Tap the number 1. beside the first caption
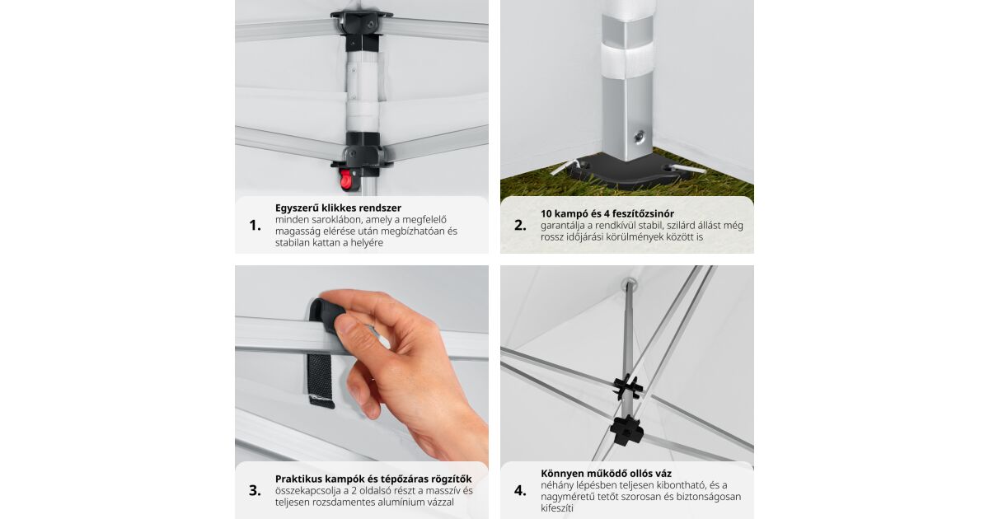[255, 226]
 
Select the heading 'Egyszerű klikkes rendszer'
[338, 208]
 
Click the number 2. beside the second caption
[520, 226]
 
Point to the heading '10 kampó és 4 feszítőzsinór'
[607, 213]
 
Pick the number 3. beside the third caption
[255, 490]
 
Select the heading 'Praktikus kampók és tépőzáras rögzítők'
[373, 479]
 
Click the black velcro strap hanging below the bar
[321, 380]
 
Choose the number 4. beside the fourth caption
[520, 490]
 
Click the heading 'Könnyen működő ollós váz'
[607, 474]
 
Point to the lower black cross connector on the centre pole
[626, 430]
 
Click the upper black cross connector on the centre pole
[627, 387]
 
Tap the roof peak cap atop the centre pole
[629, 284]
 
